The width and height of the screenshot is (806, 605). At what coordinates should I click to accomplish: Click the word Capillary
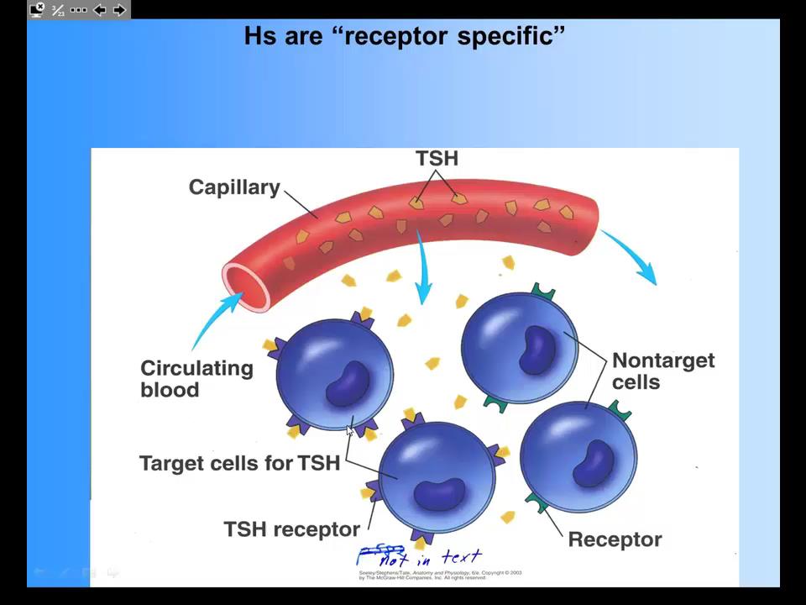click(x=234, y=187)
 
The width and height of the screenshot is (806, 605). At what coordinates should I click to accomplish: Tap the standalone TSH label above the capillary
click(x=437, y=159)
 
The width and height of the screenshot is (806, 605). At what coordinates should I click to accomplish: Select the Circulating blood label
click(x=196, y=379)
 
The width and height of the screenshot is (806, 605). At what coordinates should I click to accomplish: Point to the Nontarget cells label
click(x=662, y=371)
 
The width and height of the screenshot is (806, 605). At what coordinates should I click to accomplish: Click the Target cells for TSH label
click(x=239, y=463)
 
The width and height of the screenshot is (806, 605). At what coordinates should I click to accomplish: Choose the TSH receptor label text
click(x=291, y=529)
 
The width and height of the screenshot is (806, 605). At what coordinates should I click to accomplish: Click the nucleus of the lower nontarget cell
click(x=597, y=462)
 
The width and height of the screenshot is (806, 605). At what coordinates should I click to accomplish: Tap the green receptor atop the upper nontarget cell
click(x=543, y=293)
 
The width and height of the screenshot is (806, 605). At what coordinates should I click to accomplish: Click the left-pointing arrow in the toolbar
click(x=99, y=10)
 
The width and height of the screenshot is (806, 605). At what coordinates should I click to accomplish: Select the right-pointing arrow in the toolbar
click(x=119, y=10)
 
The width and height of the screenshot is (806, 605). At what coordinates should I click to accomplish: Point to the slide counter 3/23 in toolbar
click(x=58, y=10)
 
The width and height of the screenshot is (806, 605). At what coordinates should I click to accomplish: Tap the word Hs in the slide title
click(x=259, y=36)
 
